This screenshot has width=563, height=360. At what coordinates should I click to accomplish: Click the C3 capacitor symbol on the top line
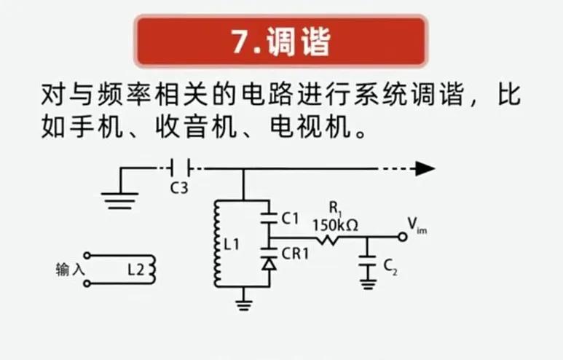click(x=178, y=169)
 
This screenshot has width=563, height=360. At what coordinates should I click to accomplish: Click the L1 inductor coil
click(x=216, y=245)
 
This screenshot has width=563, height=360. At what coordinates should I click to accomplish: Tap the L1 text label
click(x=232, y=246)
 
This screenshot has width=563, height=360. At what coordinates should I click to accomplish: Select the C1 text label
click(x=289, y=217)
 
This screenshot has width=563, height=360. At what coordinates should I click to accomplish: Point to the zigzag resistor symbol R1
click(x=331, y=238)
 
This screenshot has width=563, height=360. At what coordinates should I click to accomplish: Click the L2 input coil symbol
click(x=151, y=269)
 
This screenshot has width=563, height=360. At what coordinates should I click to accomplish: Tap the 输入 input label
click(x=71, y=270)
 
